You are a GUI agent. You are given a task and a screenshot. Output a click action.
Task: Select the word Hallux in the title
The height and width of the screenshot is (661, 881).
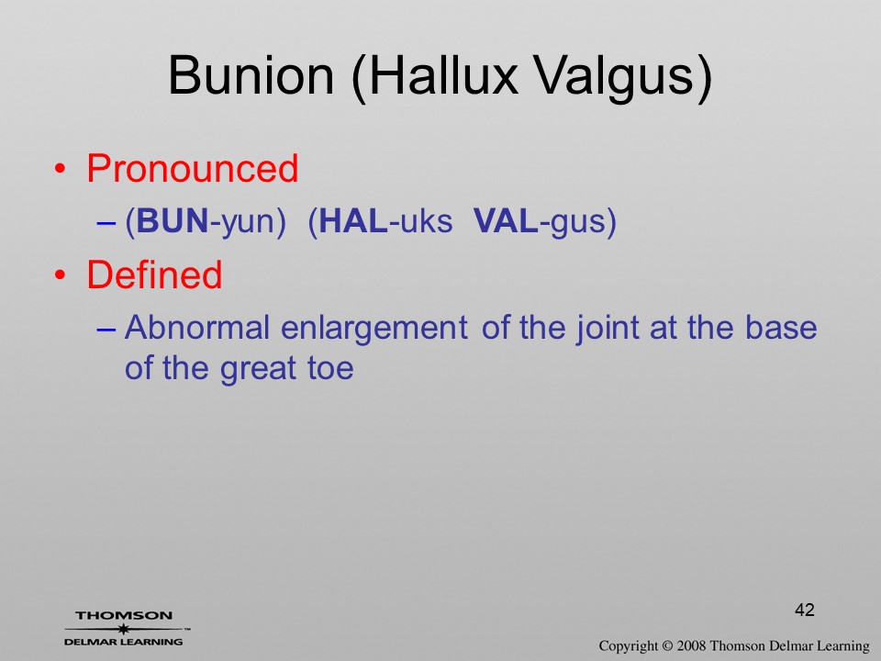click(x=435, y=76)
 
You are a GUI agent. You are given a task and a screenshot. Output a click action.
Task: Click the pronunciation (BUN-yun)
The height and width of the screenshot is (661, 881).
click(x=206, y=221)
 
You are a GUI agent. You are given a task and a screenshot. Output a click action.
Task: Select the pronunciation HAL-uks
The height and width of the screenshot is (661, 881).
click(x=380, y=221)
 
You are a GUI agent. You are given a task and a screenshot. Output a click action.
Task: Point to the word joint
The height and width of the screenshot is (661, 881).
click(x=608, y=330)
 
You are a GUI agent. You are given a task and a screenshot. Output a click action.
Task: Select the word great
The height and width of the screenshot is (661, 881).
click(x=258, y=370)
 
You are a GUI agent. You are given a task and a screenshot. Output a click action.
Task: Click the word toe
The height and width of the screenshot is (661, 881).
click(x=330, y=369)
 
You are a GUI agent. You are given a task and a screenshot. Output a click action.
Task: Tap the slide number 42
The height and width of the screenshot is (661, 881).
click(x=805, y=610)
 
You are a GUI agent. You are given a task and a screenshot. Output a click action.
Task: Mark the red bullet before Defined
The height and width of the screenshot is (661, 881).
click(x=61, y=274)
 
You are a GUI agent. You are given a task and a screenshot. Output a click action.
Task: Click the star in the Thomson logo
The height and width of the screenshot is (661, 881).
click(x=123, y=629)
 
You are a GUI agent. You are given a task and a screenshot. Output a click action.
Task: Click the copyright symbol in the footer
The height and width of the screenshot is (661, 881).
click(x=667, y=646)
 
